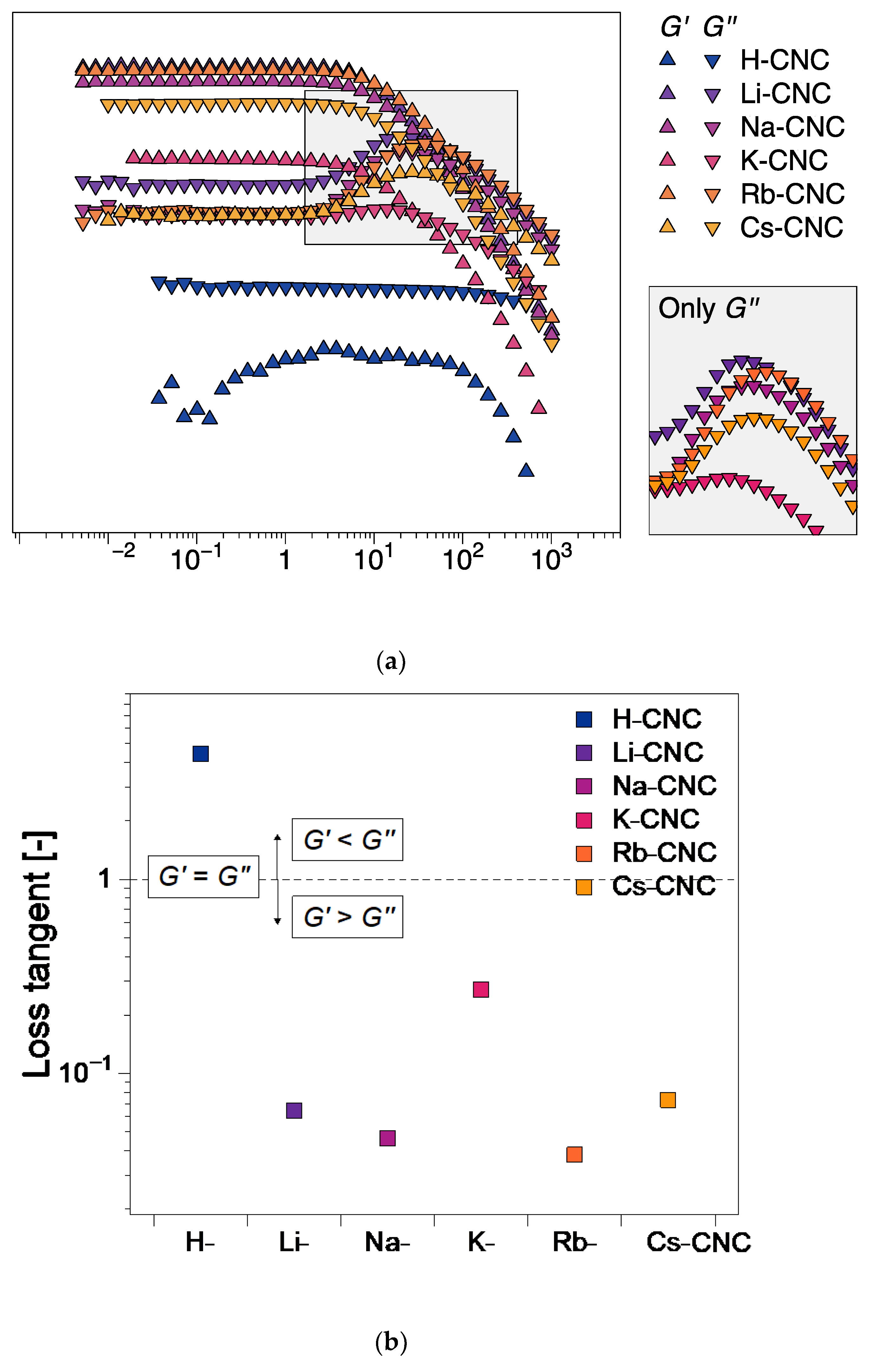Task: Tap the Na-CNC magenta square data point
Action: [x=387, y=1138]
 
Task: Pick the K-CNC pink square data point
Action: [x=480, y=989]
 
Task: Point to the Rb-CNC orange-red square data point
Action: [x=574, y=1154]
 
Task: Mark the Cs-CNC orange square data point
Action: [x=668, y=1100]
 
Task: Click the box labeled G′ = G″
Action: [x=203, y=876]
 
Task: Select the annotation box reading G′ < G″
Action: [x=347, y=840]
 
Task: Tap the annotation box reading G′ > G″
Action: [x=347, y=917]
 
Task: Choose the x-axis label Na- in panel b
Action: [x=387, y=1242]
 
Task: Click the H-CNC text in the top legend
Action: [x=784, y=60]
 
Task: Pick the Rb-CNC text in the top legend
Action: [x=792, y=194]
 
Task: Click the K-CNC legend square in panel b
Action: [x=584, y=820]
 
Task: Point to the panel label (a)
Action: [x=391, y=661]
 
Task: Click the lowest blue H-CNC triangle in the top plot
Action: [x=526, y=470]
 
